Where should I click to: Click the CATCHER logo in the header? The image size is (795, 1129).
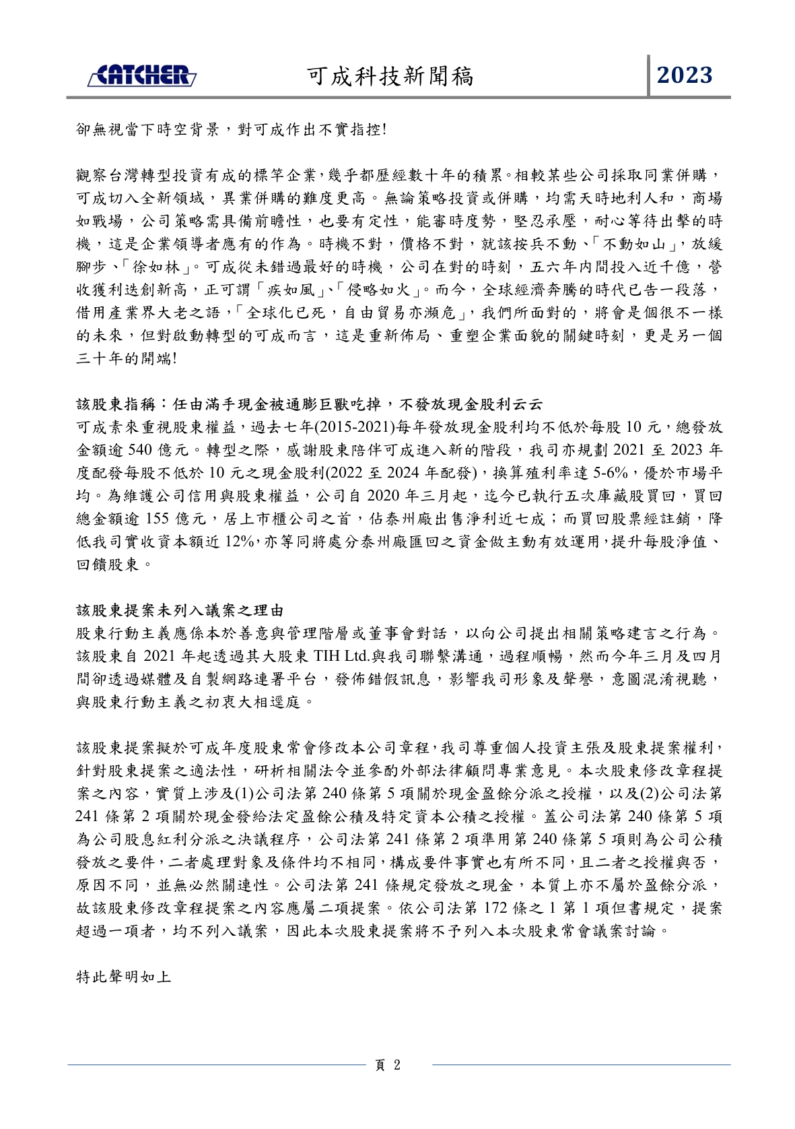(142, 75)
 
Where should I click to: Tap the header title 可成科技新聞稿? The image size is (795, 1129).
(390, 76)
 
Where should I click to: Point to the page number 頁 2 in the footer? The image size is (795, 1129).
(388, 1065)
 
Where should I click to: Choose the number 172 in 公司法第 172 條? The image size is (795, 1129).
(494, 908)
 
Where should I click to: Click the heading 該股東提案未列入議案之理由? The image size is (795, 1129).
(180, 610)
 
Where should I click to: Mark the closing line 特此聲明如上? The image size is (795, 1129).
(124, 977)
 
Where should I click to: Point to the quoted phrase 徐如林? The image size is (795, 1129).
(155, 267)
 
